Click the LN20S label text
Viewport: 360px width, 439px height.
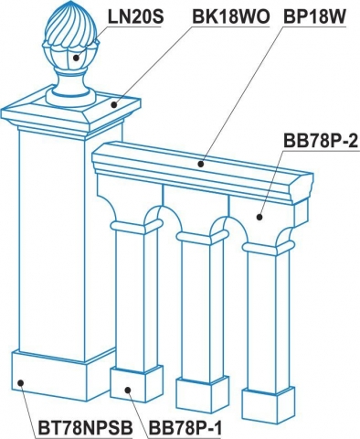click(x=136, y=17)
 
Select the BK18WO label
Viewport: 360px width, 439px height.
click(x=231, y=17)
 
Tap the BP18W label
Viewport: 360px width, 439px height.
click(x=314, y=17)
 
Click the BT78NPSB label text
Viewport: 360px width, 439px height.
click(x=86, y=428)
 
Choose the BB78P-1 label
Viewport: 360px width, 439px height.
click(x=185, y=428)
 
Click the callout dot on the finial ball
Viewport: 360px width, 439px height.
click(x=76, y=57)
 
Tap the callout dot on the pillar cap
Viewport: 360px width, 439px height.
click(x=114, y=105)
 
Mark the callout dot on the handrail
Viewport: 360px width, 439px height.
click(x=201, y=164)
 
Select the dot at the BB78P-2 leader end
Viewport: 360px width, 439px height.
click(x=259, y=218)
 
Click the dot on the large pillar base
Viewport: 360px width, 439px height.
click(x=20, y=382)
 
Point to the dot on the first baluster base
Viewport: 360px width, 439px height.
click(x=128, y=390)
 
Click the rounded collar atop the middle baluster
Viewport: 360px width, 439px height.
click(x=203, y=237)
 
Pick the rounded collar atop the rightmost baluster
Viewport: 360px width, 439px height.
click(x=270, y=248)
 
